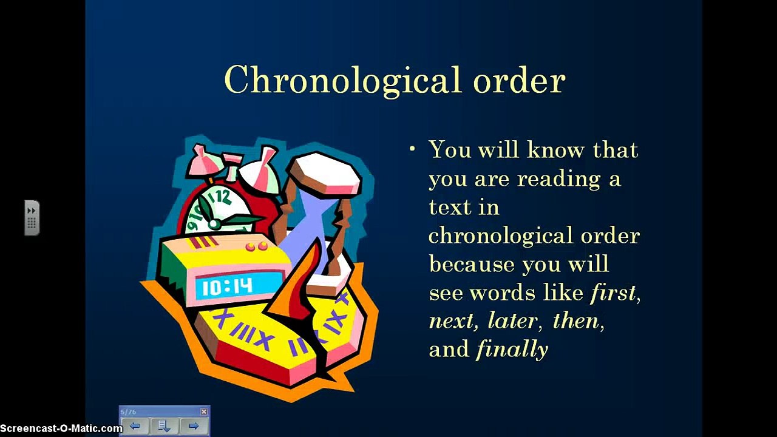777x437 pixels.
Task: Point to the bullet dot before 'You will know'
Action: pyautogui.click(x=413, y=149)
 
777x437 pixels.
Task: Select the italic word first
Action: pyautogui.click(x=613, y=293)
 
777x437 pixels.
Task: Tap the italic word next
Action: pyautogui.click(x=450, y=321)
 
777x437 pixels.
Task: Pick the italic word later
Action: pyautogui.click(x=512, y=321)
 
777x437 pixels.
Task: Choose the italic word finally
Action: pyautogui.click(x=512, y=350)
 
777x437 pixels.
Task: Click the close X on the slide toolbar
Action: pyautogui.click(x=203, y=412)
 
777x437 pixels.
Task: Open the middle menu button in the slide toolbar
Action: pyautogui.click(x=165, y=426)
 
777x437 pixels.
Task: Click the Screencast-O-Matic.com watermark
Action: pyautogui.click(x=61, y=429)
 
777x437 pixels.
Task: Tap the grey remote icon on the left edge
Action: pyautogui.click(x=32, y=217)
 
